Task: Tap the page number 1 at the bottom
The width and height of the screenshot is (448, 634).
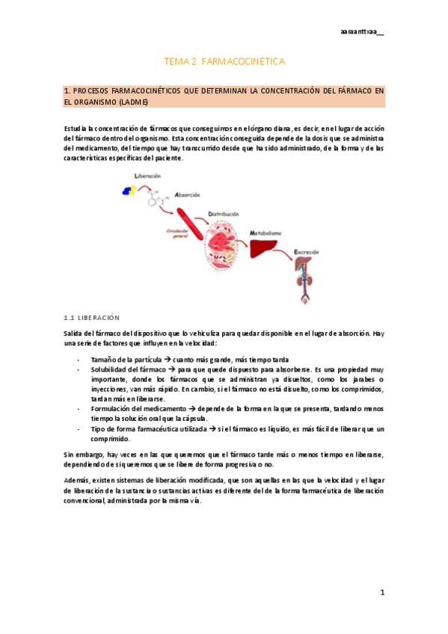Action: [381, 593]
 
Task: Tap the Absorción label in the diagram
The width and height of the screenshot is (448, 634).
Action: [186, 194]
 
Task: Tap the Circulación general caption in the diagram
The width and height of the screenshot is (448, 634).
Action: [183, 233]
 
